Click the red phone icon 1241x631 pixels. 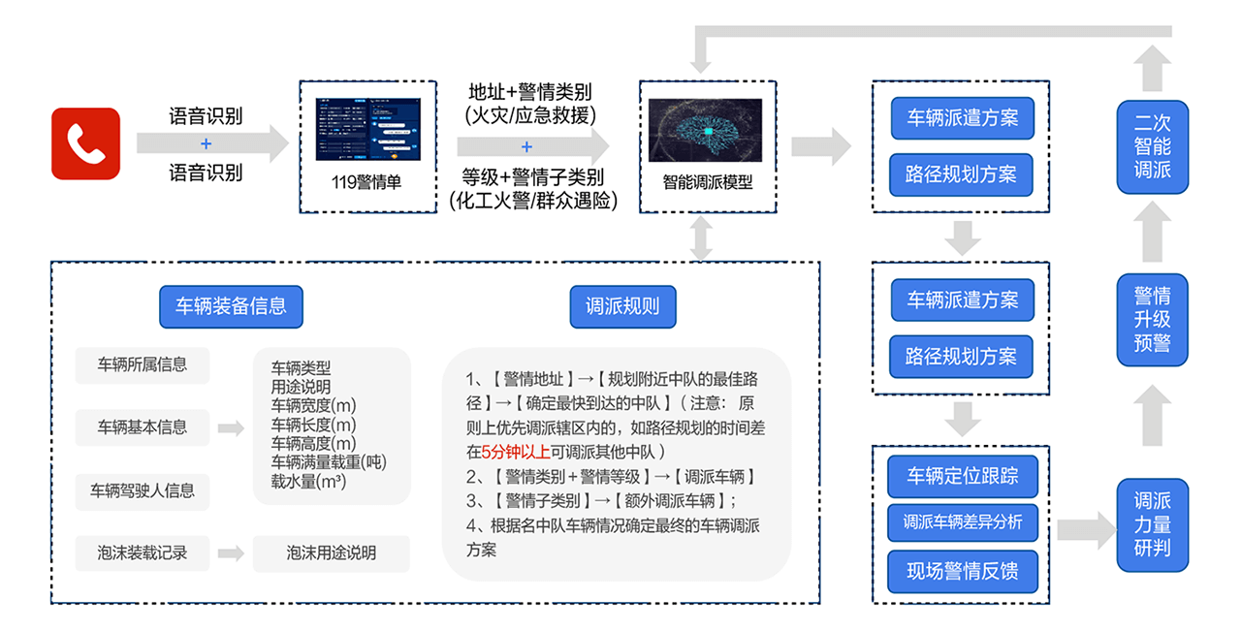[85, 143]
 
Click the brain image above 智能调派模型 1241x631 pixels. [705, 130]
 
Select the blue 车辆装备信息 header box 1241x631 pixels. [231, 306]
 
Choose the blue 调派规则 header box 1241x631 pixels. [622, 306]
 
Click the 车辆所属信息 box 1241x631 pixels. [142, 365]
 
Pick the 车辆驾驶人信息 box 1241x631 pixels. [142, 490]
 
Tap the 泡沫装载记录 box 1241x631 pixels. [142, 553]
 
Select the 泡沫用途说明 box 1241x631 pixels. [331, 553]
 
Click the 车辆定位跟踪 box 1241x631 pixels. [962, 477]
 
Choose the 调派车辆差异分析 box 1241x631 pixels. [962, 522]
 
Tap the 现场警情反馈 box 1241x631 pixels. [962, 570]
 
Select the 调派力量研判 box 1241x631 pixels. [1152, 524]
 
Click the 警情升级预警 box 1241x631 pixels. [1152, 319]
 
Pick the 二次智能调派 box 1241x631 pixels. [1152, 146]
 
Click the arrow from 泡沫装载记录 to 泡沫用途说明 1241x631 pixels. [231, 553]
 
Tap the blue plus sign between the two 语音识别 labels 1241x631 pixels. [206, 144]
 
